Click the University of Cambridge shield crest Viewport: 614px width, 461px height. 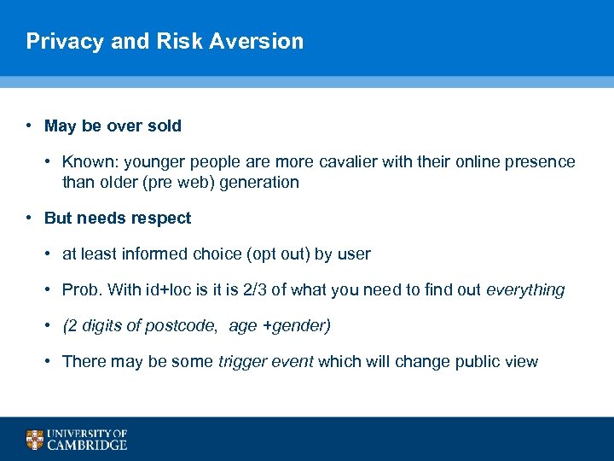coord(34,440)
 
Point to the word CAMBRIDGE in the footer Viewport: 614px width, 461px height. coord(88,445)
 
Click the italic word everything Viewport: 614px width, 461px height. coord(525,289)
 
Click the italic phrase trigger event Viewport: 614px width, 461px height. coord(265,361)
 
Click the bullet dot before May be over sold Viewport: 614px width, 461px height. coord(29,125)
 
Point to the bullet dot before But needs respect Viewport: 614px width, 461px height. coord(29,218)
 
